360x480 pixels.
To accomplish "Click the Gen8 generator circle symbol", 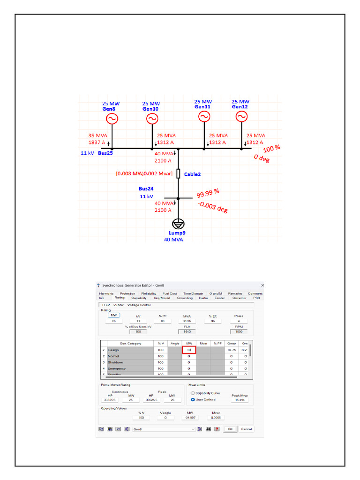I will tap(112, 119).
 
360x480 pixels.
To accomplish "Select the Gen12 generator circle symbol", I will tap(241, 116).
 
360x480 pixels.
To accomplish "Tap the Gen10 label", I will tap(151, 109).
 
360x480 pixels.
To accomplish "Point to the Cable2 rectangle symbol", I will tap(178, 174).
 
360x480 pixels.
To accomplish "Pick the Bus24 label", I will tap(145, 189).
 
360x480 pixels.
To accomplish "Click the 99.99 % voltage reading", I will tap(208, 194).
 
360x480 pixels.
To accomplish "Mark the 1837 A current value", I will tap(97, 142).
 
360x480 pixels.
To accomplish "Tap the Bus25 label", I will tap(105, 153).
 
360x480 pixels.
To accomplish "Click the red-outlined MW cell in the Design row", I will tap(189, 350).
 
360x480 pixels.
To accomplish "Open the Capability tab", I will tap(139, 298).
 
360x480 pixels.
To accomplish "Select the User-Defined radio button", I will tap(193, 399).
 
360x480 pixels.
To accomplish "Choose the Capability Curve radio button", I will tap(193, 393).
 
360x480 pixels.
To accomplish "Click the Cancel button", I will tap(246, 429).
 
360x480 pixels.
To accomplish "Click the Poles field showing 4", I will tap(239, 321).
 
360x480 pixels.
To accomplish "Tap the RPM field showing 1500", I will tap(239, 331).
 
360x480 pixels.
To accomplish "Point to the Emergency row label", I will tap(117, 369).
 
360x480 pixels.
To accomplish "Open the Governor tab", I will tap(239, 298).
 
